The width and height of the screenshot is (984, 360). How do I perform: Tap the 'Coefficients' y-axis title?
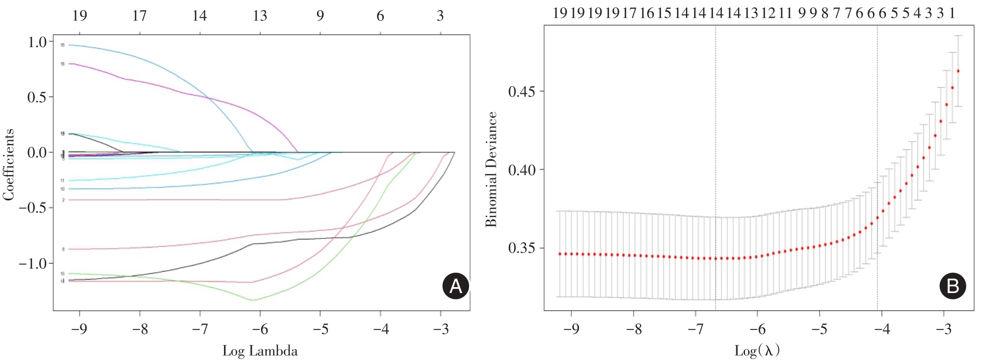pos(9,164)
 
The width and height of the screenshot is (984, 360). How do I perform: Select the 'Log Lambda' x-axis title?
pos(260,351)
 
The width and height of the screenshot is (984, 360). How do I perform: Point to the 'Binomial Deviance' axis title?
pos(491,169)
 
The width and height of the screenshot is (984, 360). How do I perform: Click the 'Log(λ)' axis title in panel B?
pos(757,351)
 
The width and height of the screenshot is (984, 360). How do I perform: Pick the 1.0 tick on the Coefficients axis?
pos(38,42)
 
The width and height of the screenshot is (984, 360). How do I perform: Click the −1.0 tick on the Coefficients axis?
pos(33,264)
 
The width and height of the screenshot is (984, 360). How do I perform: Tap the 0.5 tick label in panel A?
pos(38,97)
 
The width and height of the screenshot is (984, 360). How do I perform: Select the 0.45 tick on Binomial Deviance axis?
pos(522,91)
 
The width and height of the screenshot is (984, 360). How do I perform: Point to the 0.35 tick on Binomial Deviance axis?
pos(522,248)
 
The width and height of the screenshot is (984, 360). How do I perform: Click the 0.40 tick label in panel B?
pos(522,170)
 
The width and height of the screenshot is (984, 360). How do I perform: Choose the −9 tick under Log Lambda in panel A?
pos(79,328)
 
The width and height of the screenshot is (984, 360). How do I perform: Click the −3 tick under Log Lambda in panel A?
pos(441,328)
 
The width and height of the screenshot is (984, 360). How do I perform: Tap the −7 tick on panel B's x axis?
pos(695,328)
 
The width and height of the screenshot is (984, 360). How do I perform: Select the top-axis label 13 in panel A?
pos(260,16)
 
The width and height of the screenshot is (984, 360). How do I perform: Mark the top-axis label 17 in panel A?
pos(139,16)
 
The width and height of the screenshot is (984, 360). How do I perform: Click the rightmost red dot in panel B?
pos(958,71)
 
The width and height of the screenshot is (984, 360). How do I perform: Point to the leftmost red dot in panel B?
pos(560,254)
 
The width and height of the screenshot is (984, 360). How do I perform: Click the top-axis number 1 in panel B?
pos(952,13)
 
